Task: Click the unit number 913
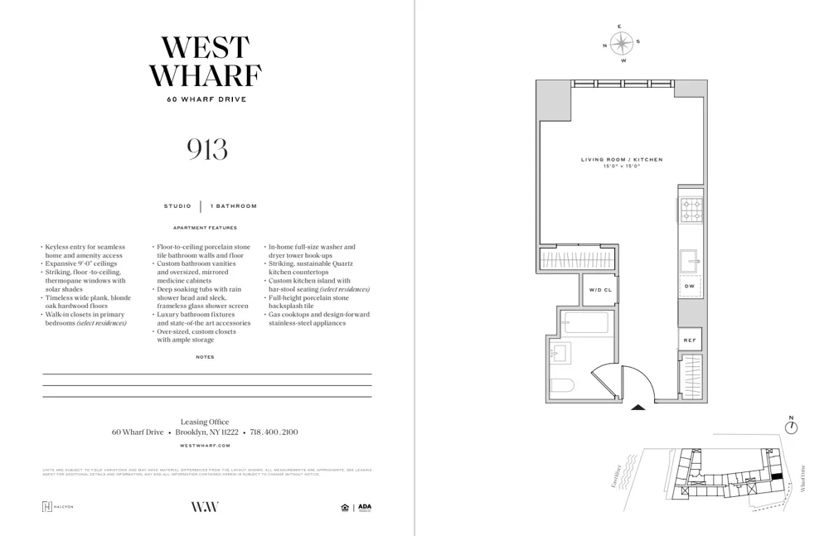coord(207,149)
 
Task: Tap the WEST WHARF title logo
coord(206,61)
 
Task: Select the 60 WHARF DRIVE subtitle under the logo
coord(206,99)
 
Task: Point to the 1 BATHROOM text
coord(234,206)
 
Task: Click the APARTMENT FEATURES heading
coord(205,228)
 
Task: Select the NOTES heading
coord(205,357)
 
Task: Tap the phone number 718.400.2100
coord(274,432)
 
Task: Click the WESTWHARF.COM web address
coord(205,446)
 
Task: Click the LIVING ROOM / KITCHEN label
coord(622,159)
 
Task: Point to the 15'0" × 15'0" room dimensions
coord(622,167)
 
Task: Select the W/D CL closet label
coord(600,290)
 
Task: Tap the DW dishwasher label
coord(690,286)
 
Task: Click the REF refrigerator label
coord(690,340)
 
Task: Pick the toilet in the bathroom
coord(561,385)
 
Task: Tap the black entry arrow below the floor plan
coord(638,407)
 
